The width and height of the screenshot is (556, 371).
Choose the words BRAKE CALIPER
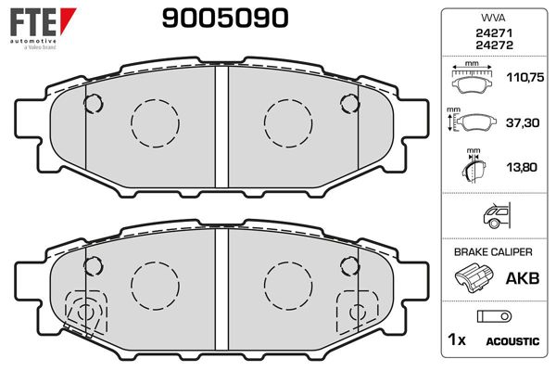click(x=492, y=251)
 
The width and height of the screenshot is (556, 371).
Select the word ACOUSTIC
click(x=512, y=342)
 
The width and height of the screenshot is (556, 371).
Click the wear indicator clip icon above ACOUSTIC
click(x=492, y=316)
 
